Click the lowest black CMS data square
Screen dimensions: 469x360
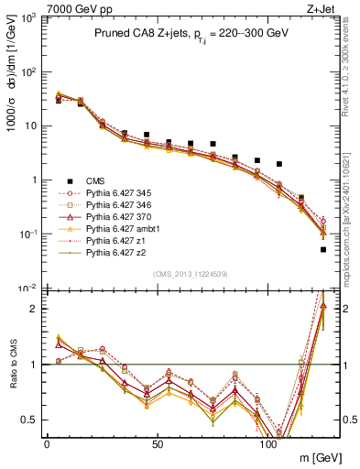[323, 249]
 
